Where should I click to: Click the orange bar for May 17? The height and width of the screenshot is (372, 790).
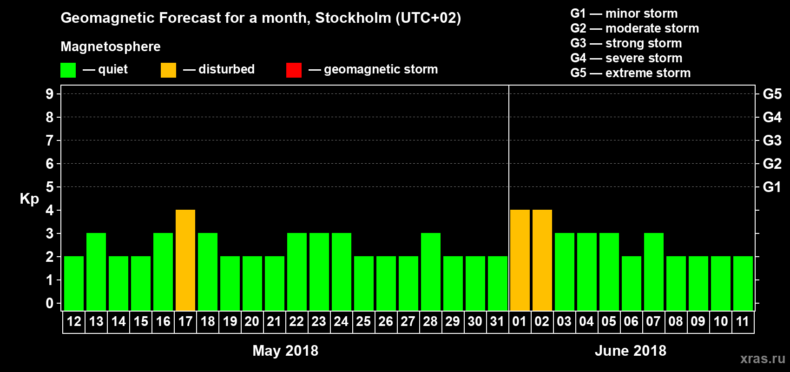tap(185, 260)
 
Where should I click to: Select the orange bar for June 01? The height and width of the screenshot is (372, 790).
tap(520, 260)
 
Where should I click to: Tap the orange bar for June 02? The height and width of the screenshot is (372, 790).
tap(542, 260)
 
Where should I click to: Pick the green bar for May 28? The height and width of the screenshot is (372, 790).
tap(431, 272)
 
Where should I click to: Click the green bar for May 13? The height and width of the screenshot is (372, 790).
tap(96, 272)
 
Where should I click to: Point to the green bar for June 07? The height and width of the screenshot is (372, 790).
tap(653, 272)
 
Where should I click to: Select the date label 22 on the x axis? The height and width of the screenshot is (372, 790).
tap(296, 321)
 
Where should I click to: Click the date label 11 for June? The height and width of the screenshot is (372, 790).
tap(743, 321)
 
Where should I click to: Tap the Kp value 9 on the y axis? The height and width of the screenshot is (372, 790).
tap(50, 94)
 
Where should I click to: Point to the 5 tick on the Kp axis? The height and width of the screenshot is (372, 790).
tap(50, 187)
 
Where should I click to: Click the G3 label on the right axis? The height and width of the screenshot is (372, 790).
tap(772, 140)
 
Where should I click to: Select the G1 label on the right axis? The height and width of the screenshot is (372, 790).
tap(772, 187)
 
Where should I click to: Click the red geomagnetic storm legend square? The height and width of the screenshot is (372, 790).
tap(294, 70)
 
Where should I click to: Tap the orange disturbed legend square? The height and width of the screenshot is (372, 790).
tap(168, 70)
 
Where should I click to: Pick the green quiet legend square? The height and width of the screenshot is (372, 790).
tap(68, 70)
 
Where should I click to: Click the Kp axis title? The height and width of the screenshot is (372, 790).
tap(29, 199)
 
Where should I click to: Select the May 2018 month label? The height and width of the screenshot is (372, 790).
tap(285, 351)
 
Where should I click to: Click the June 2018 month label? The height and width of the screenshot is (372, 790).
tap(630, 351)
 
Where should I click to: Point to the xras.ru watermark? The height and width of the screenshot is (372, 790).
tap(763, 359)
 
